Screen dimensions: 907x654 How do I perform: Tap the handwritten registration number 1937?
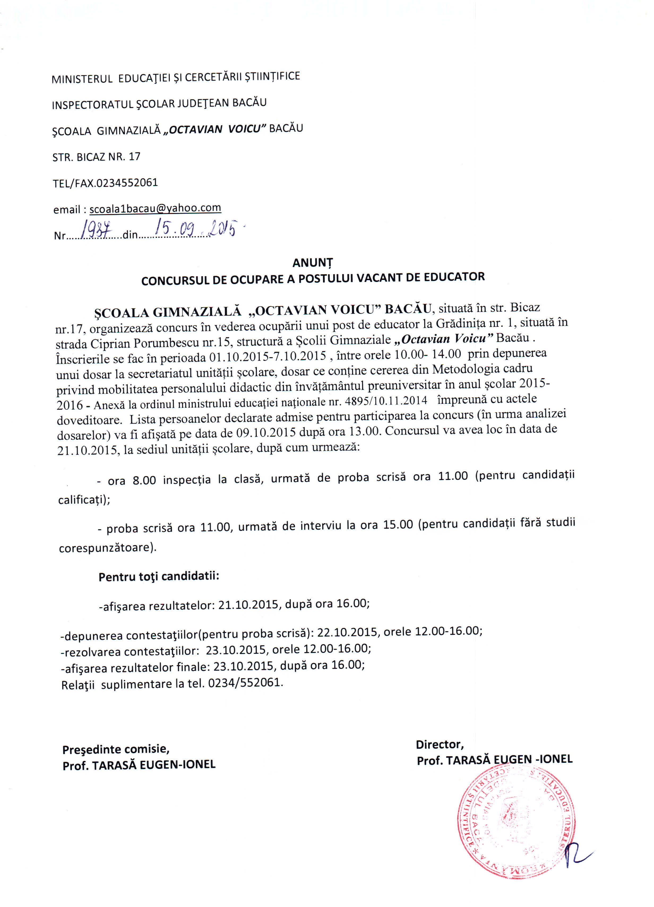[x=96, y=230]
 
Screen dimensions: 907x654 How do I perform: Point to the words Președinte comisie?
[x=116, y=749]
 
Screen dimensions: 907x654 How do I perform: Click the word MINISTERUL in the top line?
[x=82, y=79]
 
